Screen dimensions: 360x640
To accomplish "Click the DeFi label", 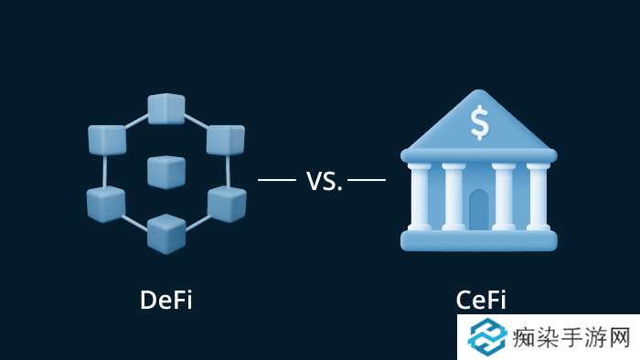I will click(x=165, y=300).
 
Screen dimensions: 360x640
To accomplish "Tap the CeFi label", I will click(x=481, y=300).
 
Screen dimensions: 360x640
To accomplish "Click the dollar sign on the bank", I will click(x=479, y=122).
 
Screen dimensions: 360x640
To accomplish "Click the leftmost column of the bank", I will click(x=420, y=196).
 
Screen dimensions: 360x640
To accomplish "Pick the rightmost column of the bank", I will click(x=538, y=196).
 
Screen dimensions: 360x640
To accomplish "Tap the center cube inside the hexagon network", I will click(x=166, y=171).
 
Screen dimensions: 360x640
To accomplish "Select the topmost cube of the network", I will click(x=165, y=109).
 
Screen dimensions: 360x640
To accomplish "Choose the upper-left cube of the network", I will click(x=107, y=139).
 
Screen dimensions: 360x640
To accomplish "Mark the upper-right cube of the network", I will click(x=225, y=139).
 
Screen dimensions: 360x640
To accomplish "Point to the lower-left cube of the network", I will click(x=106, y=203).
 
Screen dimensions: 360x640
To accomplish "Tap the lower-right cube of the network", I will click(x=226, y=203).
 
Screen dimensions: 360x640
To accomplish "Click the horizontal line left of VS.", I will click(x=277, y=180).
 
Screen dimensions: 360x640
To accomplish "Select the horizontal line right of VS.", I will click(x=367, y=180).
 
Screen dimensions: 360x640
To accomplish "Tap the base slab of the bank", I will click(x=479, y=240).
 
